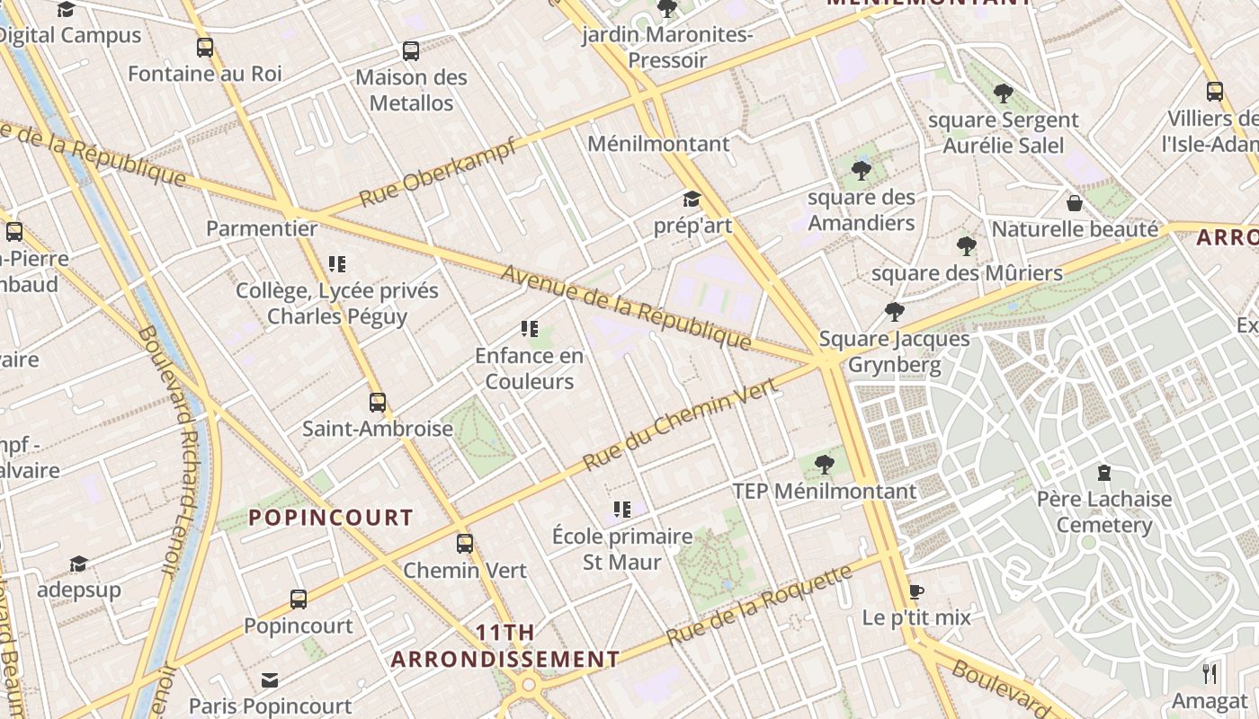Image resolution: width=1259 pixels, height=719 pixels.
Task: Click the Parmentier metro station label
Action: (x=262, y=228)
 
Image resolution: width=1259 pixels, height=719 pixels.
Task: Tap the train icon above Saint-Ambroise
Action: (x=378, y=402)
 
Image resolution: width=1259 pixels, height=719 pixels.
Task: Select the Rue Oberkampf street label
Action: (x=438, y=172)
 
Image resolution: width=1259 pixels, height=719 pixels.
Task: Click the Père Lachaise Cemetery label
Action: (x=1104, y=511)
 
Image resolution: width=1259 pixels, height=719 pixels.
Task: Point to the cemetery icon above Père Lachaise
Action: (x=1104, y=473)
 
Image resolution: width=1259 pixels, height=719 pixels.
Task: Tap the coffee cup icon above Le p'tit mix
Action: (x=915, y=591)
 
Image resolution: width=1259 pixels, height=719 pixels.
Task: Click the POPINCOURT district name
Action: (x=331, y=518)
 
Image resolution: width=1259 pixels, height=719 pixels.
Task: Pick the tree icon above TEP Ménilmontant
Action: (x=824, y=465)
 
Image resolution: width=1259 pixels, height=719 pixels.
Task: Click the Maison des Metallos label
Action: (x=412, y=90)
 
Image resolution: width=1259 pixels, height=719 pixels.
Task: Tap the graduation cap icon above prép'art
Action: (x=692, y=199)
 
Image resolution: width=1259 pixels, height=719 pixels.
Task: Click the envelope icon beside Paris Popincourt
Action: (x=270, y=679)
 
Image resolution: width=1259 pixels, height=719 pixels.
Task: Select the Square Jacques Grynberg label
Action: (x=894, y=351)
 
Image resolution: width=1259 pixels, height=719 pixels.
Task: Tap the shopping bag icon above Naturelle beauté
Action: (x=1074, y=203)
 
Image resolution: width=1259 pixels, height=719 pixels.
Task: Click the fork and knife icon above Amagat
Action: (x=1210, y=674)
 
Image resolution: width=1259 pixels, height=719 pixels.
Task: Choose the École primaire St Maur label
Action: (x=622, y=549)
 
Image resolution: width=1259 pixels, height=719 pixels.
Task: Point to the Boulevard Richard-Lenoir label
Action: (x=167, y=449)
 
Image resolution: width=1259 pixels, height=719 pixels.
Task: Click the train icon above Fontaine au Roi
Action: (x=205, y=47)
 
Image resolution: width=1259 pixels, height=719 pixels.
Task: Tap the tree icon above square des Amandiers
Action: (x=861, y=170)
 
